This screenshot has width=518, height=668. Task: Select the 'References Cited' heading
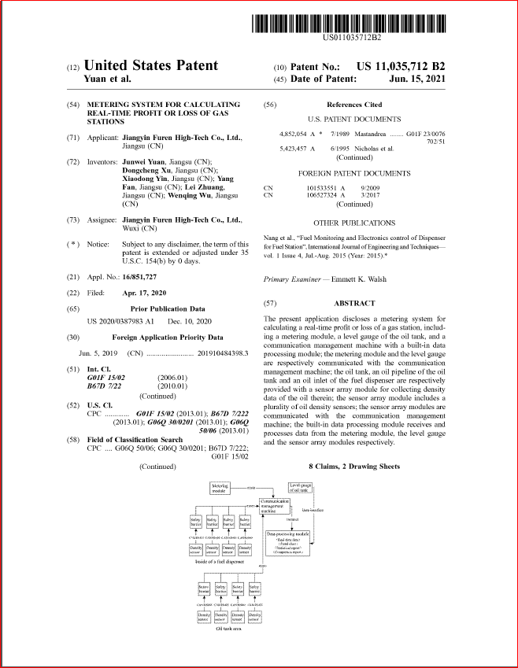353,104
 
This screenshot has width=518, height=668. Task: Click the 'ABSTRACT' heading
354,303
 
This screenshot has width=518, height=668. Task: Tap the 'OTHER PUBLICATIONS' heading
354,223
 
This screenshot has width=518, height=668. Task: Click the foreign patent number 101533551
322,188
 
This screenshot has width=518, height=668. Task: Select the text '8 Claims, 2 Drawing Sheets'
353,467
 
